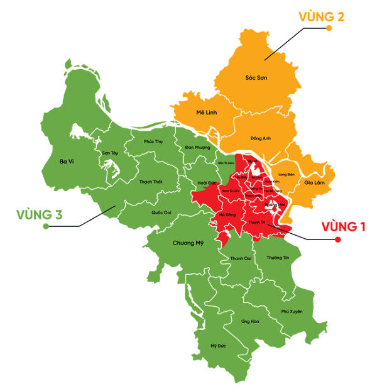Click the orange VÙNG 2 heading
coord(322,17)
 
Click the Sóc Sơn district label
coord(257,78)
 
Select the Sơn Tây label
coord(110,153)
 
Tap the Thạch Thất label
coord(150,182)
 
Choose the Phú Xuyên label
coord(293,311)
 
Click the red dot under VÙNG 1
coord(337,240)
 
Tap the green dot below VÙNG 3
coord(46,226)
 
